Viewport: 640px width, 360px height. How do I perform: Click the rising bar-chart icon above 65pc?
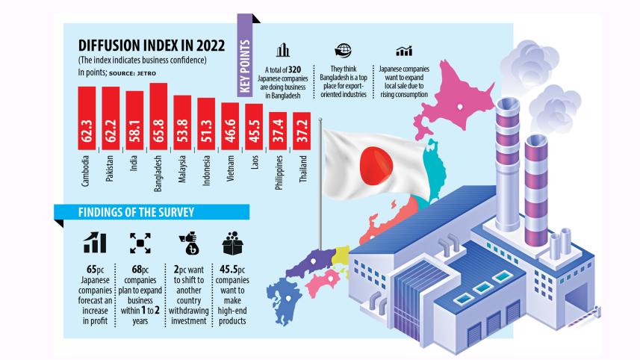[x=94, y=242]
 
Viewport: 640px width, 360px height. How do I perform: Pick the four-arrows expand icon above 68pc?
[x=139, y=243]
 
